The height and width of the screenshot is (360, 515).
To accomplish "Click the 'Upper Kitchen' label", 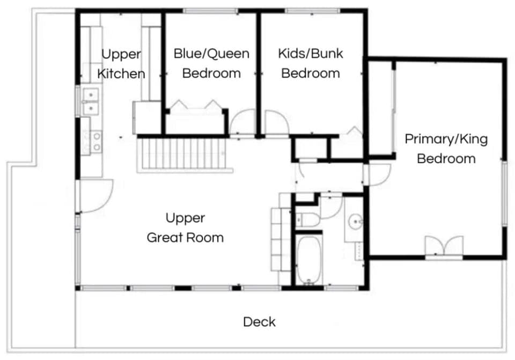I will pyautogui.click(x=121, y=64).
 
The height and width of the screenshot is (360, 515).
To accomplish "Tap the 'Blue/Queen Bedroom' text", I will pyautogui.click(x=211, y=63).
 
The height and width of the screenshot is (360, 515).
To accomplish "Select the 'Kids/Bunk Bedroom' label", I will pyautogui.click(x=311, y=63).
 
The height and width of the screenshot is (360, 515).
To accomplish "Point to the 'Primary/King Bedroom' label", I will pyautogui.click(x=446, y=149).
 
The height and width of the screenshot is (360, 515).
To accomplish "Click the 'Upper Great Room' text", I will pyautogui.click(x=185, y=227).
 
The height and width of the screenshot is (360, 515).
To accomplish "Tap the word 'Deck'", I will pyautogui.click(x=259, y=322).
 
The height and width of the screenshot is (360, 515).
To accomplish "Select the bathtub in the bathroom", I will pyautogui.click(x=308, y=260).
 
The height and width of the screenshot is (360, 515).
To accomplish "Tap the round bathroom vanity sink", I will pyautogui.click(x=355, y=221).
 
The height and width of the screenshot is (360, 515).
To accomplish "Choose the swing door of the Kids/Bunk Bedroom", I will pyautogui.click(x=276, y=123).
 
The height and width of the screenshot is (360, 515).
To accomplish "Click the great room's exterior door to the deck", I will pyautogui.click(x=97, y=195).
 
